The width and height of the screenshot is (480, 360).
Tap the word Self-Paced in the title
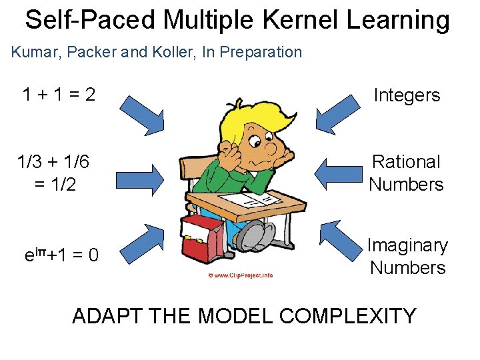[87, 21]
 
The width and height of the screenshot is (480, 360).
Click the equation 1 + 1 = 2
[59, 95]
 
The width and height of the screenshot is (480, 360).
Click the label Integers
[407, 95]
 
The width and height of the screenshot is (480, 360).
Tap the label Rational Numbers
[406, 173]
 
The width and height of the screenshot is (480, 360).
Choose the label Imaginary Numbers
[407, 257]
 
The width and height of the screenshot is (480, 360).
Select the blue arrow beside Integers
[339, 114]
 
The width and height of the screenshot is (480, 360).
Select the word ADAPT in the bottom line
[105, 315]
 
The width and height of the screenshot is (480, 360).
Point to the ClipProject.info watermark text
[241, 275]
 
